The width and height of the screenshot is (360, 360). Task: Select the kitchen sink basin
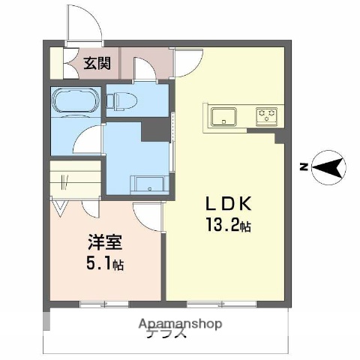click(223, 116)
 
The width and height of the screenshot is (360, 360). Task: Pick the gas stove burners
click(267, 116)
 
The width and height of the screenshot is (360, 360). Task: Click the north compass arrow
click(328, 166)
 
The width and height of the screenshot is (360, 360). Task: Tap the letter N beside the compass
click(301, 166)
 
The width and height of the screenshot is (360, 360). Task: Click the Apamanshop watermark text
click(180, 324)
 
